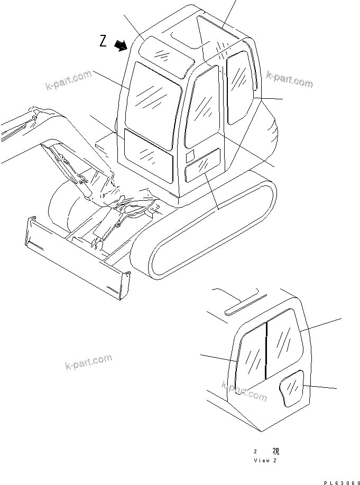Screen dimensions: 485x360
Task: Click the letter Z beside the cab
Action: (x=104, y=41)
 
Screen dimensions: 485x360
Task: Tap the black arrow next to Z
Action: (x=122, y=46)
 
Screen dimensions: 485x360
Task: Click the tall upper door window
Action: (x=202, y=109)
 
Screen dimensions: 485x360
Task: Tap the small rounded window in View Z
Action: (x=291, y=389)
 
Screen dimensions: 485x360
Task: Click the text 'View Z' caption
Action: (x=265, y=461)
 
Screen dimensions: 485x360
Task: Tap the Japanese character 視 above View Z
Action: (x=276, y=451)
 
